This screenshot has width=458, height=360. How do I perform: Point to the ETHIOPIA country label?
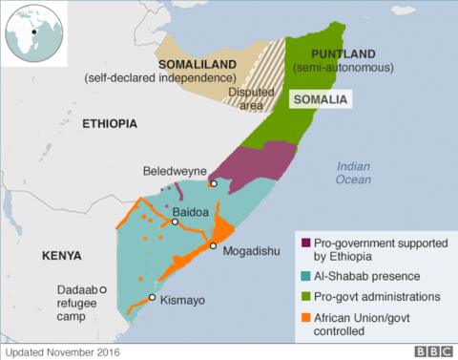110,124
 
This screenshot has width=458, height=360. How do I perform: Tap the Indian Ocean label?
353,173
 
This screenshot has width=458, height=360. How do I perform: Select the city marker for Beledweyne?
215,184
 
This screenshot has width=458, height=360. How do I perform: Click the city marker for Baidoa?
175,222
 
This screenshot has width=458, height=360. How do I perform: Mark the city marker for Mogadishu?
214,246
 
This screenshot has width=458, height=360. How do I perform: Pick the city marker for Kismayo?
152,298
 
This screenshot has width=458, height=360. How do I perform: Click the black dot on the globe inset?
34,32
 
